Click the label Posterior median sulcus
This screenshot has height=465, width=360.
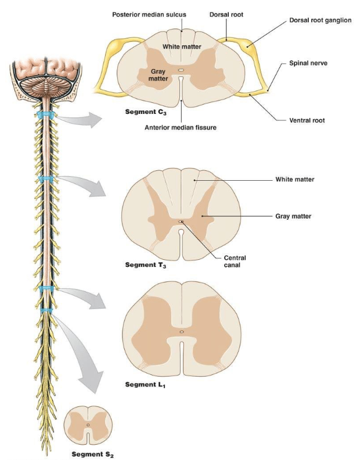pos(149,14)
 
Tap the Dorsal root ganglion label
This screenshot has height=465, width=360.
pos(320,20)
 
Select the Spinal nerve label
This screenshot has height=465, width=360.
pos(308,63)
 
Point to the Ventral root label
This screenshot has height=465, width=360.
pos(307,120)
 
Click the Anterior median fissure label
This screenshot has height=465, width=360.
pos(181,127)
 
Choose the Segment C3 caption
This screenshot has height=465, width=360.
pos(146,112)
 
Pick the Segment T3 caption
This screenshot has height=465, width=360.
pos(146,264)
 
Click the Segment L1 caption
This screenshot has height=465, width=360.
pos(145,385)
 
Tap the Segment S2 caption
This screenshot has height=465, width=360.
pos(92,455)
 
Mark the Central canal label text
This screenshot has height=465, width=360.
pos(235,261)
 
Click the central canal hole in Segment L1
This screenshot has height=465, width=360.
pos(182,332)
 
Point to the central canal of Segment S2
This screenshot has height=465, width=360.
pos(88,425)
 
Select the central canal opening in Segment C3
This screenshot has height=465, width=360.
pos(181,70)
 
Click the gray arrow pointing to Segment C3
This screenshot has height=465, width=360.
pos(80,119)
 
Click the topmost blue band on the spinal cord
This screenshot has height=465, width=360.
pos(45,115)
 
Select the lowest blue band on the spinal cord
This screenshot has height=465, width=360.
pos(46,310)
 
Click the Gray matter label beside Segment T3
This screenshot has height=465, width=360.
pos(293,216)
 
